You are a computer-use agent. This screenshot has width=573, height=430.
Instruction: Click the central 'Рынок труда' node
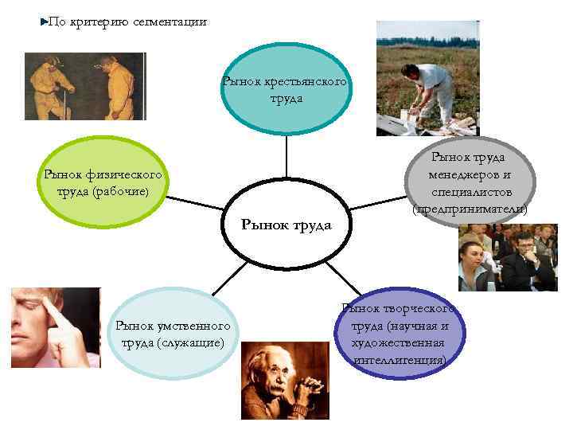286,224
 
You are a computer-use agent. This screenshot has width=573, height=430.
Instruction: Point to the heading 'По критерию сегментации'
127,22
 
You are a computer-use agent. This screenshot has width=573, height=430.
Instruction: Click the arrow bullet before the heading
44,22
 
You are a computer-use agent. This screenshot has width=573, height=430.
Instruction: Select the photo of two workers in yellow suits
85,86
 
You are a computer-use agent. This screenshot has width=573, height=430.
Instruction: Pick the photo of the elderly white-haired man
284,380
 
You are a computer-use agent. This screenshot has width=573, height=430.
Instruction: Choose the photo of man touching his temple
56,327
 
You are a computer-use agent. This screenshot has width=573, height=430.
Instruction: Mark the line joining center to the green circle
197,202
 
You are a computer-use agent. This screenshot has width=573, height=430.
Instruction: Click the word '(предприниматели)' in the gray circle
470,209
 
